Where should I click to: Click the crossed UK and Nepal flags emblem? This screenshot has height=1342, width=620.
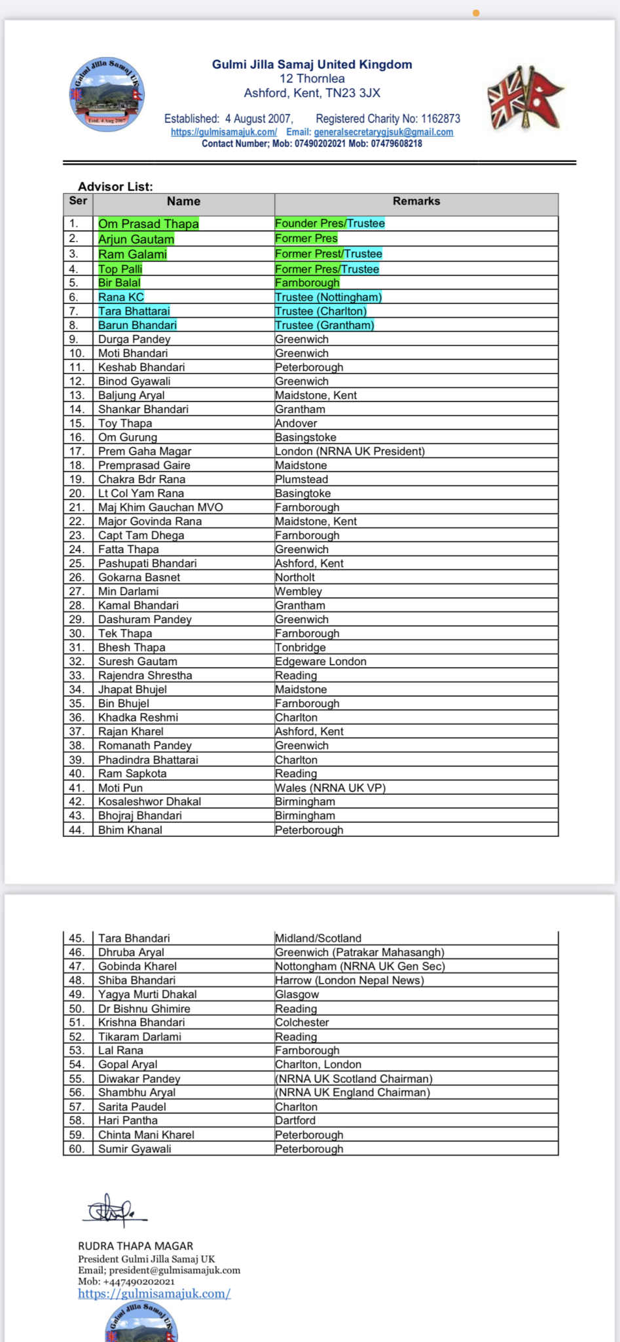tap(525, 98)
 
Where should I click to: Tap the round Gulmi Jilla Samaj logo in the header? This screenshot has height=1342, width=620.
tap(107, 94)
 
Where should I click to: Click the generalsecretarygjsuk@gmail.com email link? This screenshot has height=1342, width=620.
tap(383, 132)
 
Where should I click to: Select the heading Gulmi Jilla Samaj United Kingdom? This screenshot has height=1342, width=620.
tap(312, 64)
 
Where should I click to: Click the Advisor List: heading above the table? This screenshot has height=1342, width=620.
tap(115, 186)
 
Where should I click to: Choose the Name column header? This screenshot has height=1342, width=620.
tap(183, 202)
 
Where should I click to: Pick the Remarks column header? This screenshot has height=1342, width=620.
tap(416, 201)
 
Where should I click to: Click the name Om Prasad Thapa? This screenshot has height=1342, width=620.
tap(149, 223)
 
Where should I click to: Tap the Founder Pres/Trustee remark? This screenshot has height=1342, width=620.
tap(330, 223)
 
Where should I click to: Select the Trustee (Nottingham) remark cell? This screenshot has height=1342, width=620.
tap(328, 297)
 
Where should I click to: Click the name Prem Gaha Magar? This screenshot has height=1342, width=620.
tap(145, 451)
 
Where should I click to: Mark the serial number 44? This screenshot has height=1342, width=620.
tap(77, 830)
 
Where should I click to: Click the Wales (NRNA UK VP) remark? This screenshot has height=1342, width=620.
tap(330, 788)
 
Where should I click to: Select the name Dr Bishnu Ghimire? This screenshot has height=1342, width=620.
tap(144, 1008)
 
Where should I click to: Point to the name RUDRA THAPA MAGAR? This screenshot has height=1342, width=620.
tap(136, 1246)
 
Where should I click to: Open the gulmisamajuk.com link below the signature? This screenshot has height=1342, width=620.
tap(154, 1294)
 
